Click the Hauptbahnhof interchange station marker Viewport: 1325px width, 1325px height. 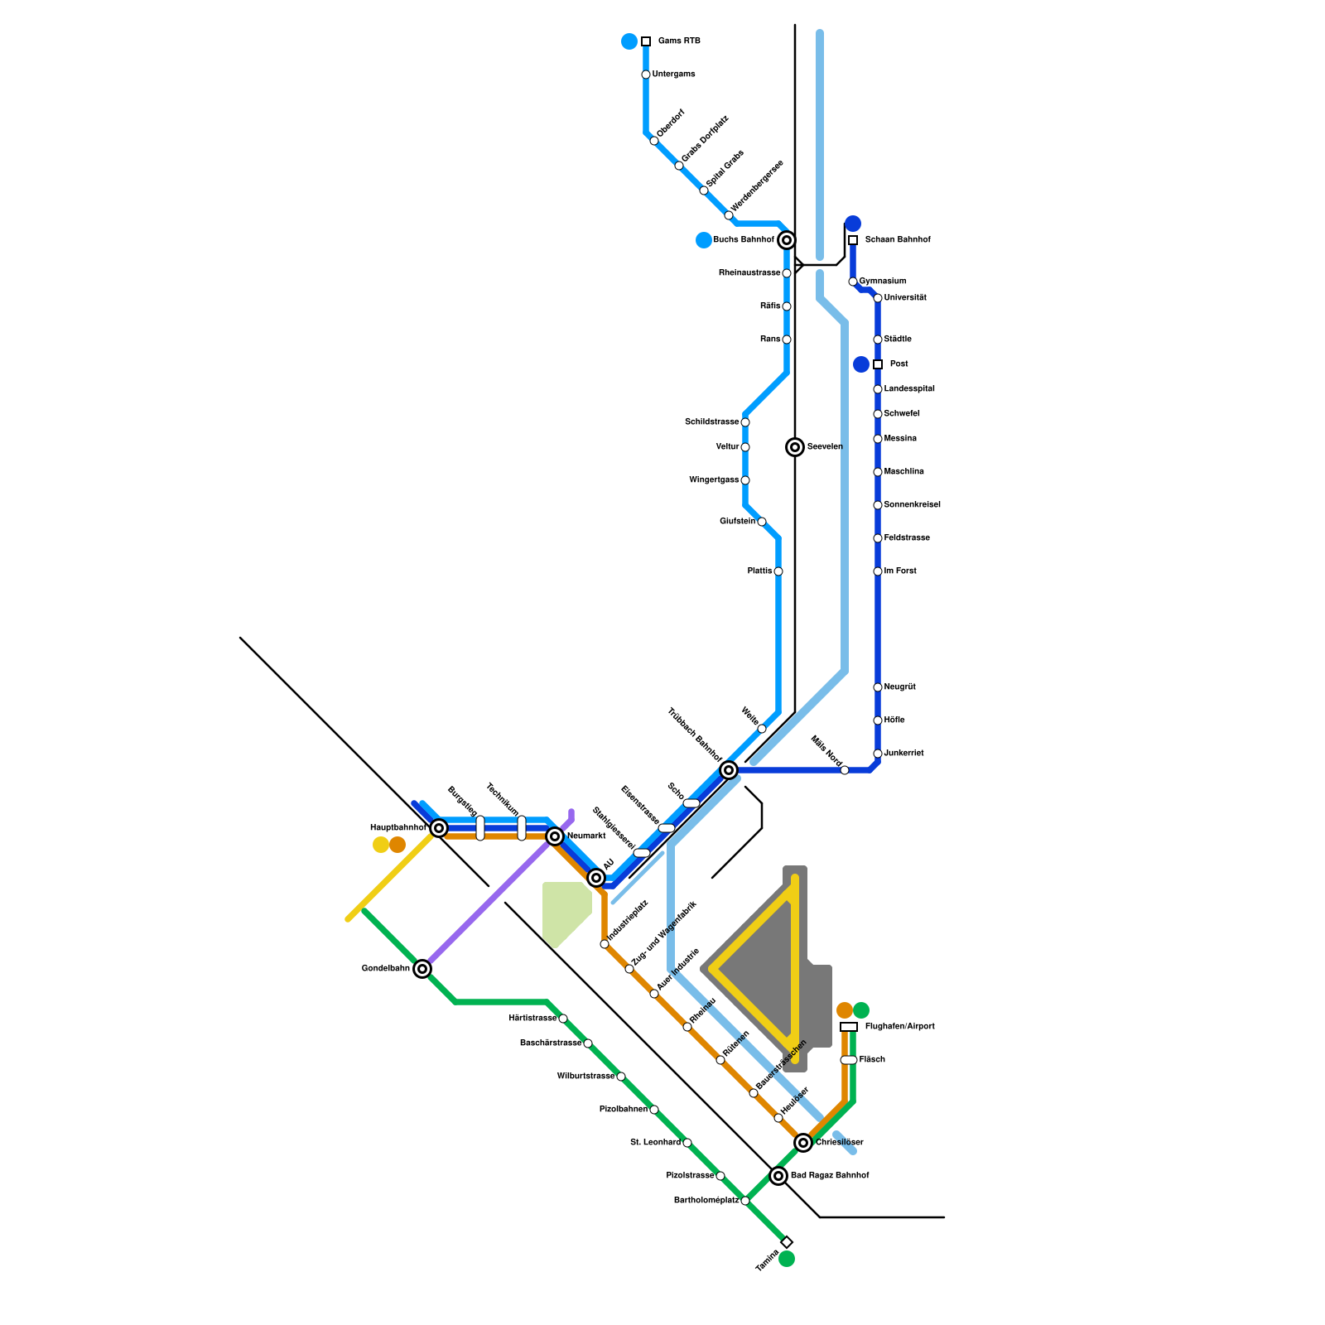pyautogui.click(x=439, y=828)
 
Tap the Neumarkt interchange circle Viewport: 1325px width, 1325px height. pyautogui.click(x=555, y=836)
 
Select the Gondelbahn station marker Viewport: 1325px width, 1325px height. pyautogui.click(x=422, y=969)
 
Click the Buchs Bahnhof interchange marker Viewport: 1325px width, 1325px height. pyautogui.click(x=787, y=240)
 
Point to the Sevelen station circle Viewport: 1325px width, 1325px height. pyautogui.click(x=795, y=447)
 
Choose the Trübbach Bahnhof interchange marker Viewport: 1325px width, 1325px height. pyautogui.click(x=729, y=770)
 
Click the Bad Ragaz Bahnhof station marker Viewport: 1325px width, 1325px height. pyautogui.click(x=778, y=1176)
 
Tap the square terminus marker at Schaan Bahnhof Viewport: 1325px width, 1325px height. pyautogui.click(x=853, y=240)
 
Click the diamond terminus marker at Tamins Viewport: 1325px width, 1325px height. pyautogui.click(x=787, y=1242)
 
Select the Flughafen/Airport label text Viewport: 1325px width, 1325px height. pyautogui.click(x=899, y=1027)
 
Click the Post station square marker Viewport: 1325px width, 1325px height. pyautogui.click(x=878, y=364)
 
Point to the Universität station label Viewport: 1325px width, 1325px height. pyautogui.click(x=905, y=298)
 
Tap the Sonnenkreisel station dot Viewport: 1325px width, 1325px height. pyautogui.click(x=878, y=505)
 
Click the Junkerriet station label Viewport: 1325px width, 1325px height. pyautogui.click(x=903, y=754)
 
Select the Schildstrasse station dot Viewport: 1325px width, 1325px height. pyautogui.click(x=745, y=422)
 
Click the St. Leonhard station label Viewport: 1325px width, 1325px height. pyautogui.click(x=655, y=1143)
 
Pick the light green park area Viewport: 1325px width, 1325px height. pyautogui.click(x=563, y=911)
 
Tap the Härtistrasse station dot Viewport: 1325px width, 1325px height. pyautogui.click(x=563, y=1019)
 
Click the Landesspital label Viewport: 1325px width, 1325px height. pyautogui.click(x=909, y=389)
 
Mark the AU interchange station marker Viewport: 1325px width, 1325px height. pyautogui.click(x=596, y=878)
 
